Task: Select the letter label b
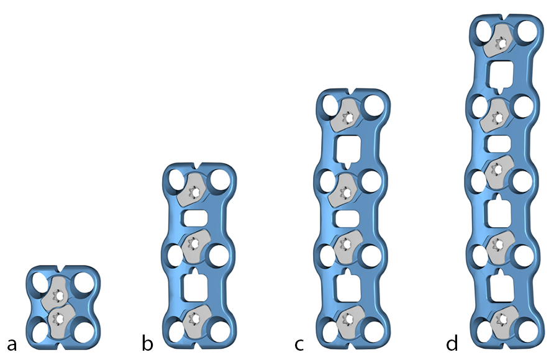[x=147, y=344]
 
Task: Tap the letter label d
[x=452, y=344]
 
